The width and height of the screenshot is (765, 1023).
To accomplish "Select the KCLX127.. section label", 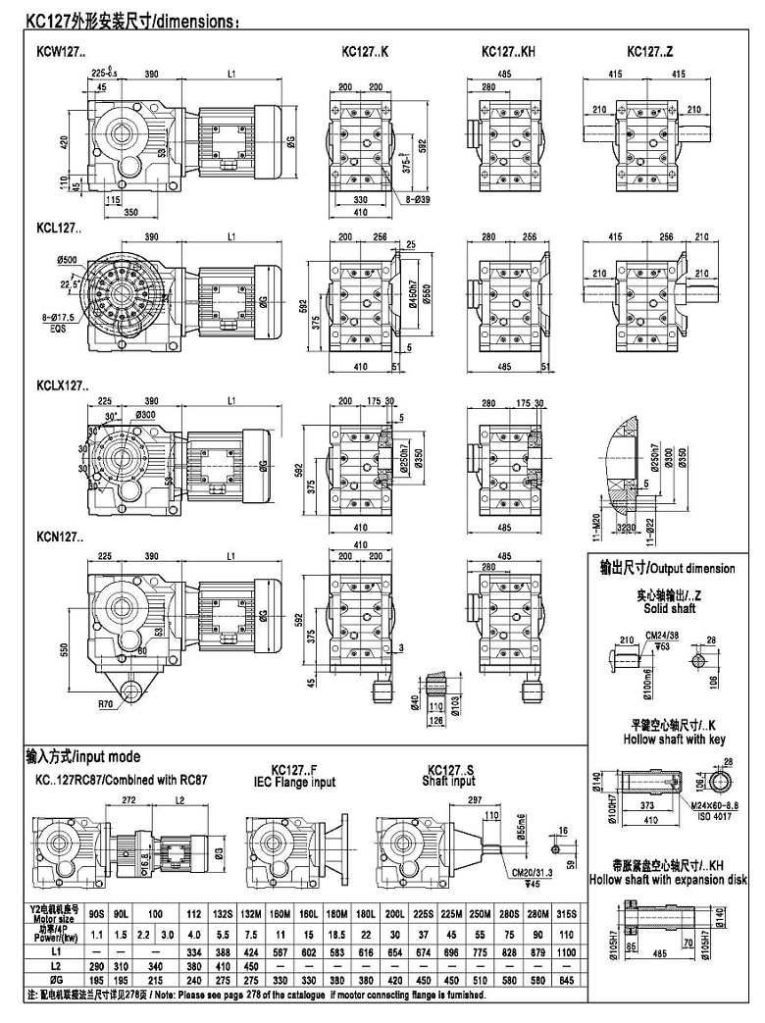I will (x=58, y=384).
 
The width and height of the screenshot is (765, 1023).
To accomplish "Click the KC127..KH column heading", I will (x=507, y=51).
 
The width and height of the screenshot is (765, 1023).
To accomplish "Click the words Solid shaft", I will (x=669, y=609).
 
